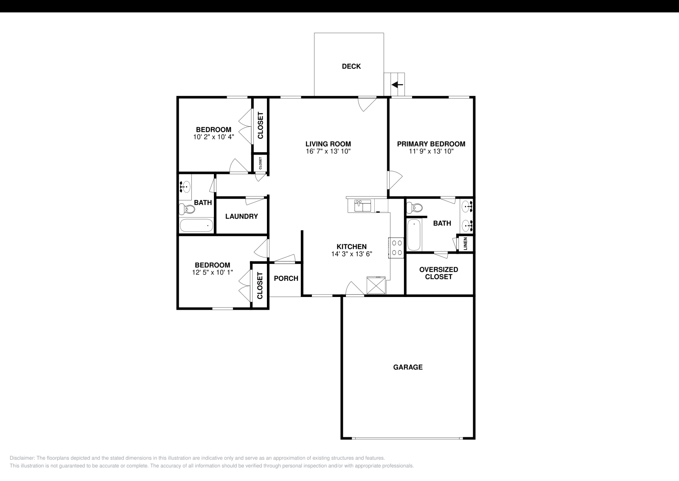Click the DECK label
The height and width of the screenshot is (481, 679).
[x=351, y=66]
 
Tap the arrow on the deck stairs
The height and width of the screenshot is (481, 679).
[x=397, y=85]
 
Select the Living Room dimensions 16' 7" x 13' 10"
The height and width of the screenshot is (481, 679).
[x=328, y=151]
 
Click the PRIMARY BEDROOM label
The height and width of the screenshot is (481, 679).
[x=431, y=144]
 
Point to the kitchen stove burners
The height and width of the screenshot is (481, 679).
[x=397, y=248]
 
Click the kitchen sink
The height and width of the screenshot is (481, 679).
[x=362, y=206]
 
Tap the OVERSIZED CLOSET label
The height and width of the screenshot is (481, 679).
[x=438, y=273]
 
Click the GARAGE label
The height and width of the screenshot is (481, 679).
[x=408, y=367]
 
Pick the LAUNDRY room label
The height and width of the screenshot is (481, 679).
[x=241, y=216]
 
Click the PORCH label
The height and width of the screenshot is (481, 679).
[x=286, y=278]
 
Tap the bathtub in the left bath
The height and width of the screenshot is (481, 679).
[x=196, y=225]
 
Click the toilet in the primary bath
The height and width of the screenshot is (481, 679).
[x=414, y=208]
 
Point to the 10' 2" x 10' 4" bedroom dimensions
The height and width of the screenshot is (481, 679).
[x=213, y=137]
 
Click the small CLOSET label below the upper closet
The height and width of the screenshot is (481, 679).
[x=261, y=163]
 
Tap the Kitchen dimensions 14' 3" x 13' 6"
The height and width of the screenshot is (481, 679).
[x=352, y=254]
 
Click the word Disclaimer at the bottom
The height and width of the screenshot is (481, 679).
[x=22, y=458]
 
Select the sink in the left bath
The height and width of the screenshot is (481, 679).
[x=185, y=185]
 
